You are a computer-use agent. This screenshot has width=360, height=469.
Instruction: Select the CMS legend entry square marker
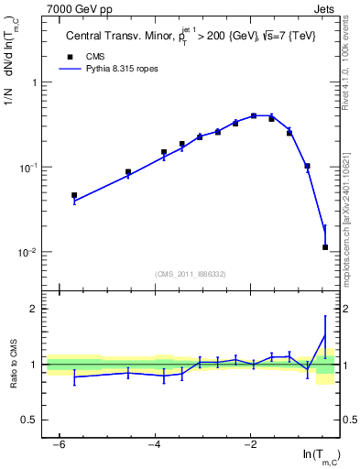(66, 56)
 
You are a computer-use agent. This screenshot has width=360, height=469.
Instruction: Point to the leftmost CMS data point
(74, 195)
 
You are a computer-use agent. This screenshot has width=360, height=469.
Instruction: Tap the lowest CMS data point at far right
(325, 246)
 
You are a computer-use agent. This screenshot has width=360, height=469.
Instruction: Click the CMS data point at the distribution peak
(254, 115)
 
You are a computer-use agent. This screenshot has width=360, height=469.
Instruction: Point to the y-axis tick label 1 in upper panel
(34, 82)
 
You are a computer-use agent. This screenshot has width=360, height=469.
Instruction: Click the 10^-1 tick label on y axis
(29, 168)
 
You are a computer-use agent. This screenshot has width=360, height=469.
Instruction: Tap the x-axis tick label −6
(58, 444)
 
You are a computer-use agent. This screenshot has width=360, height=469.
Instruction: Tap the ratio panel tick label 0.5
(29, 420)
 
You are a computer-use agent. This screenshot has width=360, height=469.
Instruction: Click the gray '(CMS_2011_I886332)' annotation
(191, 273)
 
